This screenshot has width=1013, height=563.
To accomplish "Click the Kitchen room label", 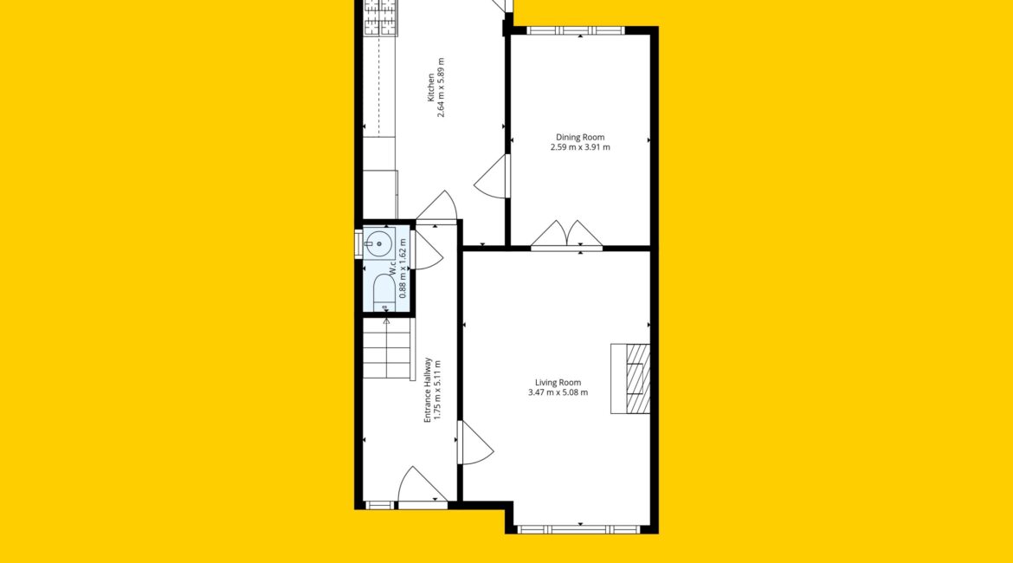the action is point(431,87).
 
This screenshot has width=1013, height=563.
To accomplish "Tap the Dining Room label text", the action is point(580,137).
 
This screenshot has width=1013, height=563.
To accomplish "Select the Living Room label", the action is point(558,383).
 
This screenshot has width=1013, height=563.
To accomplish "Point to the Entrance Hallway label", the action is point(427,390).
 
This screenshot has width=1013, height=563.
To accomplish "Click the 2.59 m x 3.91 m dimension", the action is point(580,147).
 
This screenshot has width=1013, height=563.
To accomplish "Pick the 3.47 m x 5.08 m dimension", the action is point(558,392).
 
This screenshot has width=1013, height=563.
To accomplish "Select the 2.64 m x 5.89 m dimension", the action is point(442,87).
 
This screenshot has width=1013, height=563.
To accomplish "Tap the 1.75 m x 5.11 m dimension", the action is point(437,390).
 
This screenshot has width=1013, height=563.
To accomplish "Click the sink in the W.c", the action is point(379,243).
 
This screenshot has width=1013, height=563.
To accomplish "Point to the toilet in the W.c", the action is point(384,293).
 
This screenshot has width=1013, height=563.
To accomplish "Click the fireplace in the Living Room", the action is point(630,379).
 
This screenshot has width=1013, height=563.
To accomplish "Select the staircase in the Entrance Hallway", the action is point(387,350).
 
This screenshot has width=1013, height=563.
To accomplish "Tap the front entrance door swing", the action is point(423,485).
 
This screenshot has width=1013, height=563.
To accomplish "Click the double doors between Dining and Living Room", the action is point(566,234).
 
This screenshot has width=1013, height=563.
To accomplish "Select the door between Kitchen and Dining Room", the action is point(492,174).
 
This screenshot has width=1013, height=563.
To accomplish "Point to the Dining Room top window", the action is point(576,29).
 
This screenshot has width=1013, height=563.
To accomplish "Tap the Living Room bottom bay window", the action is point(579,528).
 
